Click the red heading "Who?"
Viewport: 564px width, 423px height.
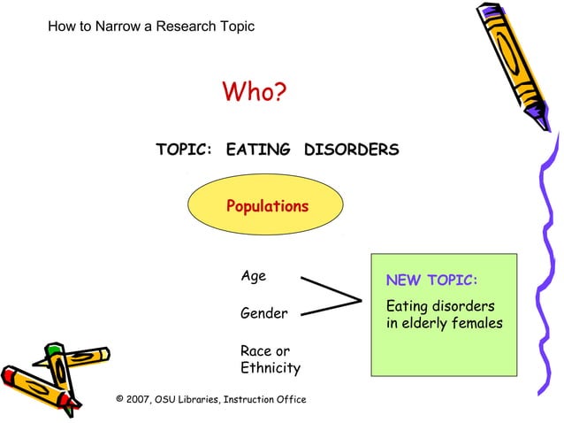255,92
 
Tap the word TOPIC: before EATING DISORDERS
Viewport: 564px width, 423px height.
184,150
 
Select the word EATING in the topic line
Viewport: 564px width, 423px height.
258,150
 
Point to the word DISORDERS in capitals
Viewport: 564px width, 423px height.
351,150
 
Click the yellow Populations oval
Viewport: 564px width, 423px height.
266,206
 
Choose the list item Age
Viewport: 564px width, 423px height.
253,276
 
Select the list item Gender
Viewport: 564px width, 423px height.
263,313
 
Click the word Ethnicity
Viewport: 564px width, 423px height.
270,368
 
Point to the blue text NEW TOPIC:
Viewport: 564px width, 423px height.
431,281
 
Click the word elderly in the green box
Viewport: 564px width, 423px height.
432,323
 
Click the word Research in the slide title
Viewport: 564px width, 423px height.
187,26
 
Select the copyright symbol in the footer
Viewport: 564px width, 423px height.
120,399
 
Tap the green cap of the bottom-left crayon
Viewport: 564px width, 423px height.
56,350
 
